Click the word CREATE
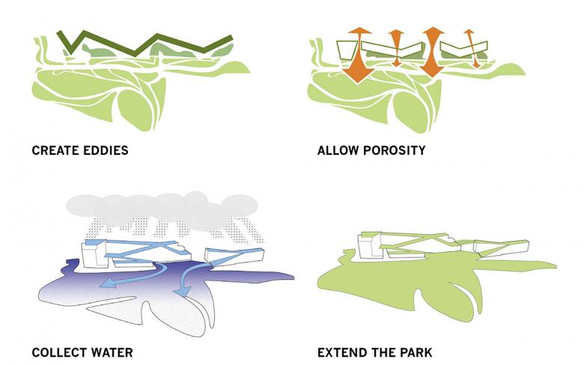point(55,150)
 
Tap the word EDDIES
point(106,150)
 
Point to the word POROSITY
point(395,150)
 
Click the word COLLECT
point(59,352)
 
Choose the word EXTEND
point(341,352)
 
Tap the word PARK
point(416,352)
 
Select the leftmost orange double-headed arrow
point(359,55)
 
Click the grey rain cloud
point(162,208)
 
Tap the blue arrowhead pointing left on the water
point(108,284)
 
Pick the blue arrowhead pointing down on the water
point(183,292)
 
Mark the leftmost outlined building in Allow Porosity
point(347,50)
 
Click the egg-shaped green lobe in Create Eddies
point(136,109)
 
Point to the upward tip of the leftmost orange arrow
point(358,28)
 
